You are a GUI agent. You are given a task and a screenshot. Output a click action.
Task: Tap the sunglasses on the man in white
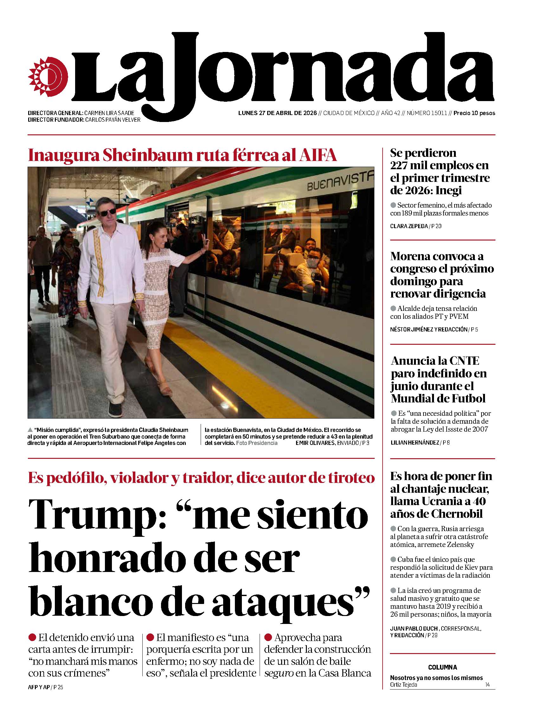107,212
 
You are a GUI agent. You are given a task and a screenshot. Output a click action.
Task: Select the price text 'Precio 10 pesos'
474,113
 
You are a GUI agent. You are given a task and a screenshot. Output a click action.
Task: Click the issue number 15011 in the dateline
439,113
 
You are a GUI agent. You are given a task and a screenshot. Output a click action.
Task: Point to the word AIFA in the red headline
317,156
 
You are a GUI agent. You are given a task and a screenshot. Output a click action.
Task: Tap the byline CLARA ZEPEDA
409,226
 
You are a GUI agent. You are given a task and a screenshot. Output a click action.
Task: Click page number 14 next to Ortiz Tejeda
487,685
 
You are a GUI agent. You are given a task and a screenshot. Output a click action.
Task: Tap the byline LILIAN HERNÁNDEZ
415,442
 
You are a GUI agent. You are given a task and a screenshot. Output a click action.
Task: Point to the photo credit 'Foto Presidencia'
256,443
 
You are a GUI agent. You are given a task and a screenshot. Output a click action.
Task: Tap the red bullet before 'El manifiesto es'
150,638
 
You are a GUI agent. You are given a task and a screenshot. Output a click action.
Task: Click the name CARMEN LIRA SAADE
109,113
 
